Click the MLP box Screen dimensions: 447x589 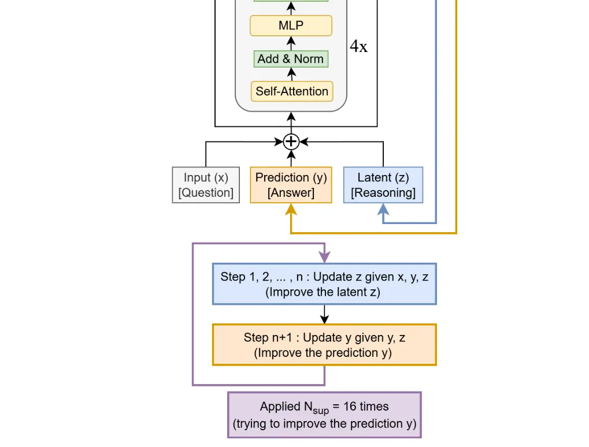[x=291, y=25]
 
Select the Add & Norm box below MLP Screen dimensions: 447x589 [x=291, y=59]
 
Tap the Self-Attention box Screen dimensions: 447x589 [x=292, y=91]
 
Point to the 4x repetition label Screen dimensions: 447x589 [x=358, y=47]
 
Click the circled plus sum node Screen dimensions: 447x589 [x=291, y=141]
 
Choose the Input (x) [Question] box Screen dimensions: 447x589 [x=206, y=185]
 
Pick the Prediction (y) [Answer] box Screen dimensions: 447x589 [x=291, y=185]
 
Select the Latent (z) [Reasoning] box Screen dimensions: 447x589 [x=383, y=185]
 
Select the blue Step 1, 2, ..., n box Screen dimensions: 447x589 [x=324, y=284]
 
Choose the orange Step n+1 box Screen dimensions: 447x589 [x=324, y=345]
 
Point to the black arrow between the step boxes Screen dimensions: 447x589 [x=324, y=314]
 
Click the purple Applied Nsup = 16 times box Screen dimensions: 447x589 [x=324, y=415]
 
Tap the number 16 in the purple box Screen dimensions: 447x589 [x=350, y=407]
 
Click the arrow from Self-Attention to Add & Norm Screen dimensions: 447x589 [x=291, y=74]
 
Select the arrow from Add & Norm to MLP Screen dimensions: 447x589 [x=291, y=43]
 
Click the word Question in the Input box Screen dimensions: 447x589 [x=206, y=193]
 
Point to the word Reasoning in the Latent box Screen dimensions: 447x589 [x=383, y=193]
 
